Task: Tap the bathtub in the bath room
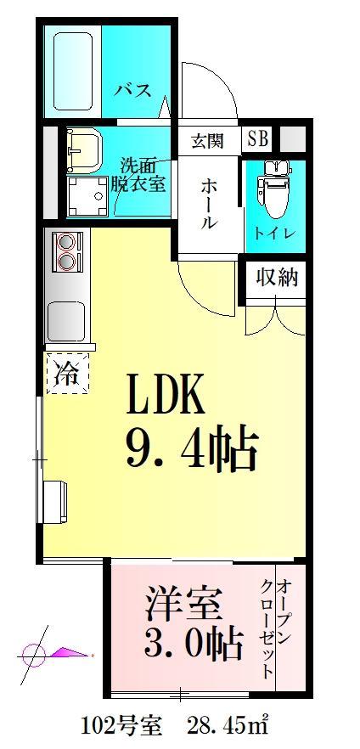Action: [x=74, y=71]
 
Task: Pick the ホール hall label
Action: [x=209, y=205]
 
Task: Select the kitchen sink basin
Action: [x=66, y=318]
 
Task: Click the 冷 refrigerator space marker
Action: [x=67, y=371]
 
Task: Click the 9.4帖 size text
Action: [x=192, y=450]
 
